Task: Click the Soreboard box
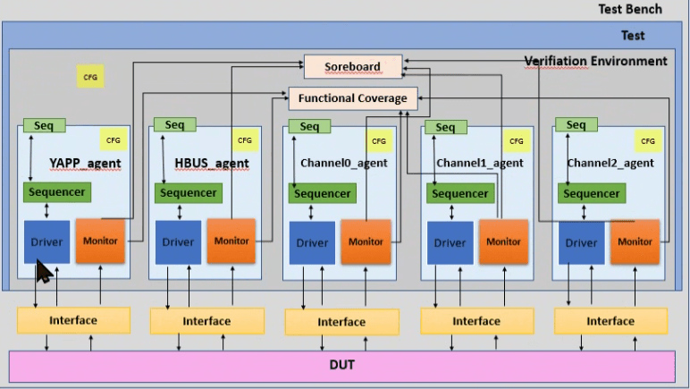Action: [352, 66]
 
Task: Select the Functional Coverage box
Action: [352, 98]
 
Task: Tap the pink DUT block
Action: [341, 367]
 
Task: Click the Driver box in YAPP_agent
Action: [46, 241]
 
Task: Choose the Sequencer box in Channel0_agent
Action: [322, 193]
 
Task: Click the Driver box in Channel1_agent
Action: [450, 242]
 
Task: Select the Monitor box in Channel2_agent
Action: [635, 241]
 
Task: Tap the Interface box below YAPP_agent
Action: [73, 320]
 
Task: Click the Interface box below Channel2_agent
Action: [610, 321]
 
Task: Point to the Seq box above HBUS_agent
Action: [173, 124]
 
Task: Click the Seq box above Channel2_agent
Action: [576, 125]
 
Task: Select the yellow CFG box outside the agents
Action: [89, 77]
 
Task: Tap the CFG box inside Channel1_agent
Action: [516, 140]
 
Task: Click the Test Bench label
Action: [630, 9]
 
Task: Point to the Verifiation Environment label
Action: [595, 61]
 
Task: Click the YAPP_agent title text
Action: [85, 164]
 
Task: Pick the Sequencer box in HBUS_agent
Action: [188, 193]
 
